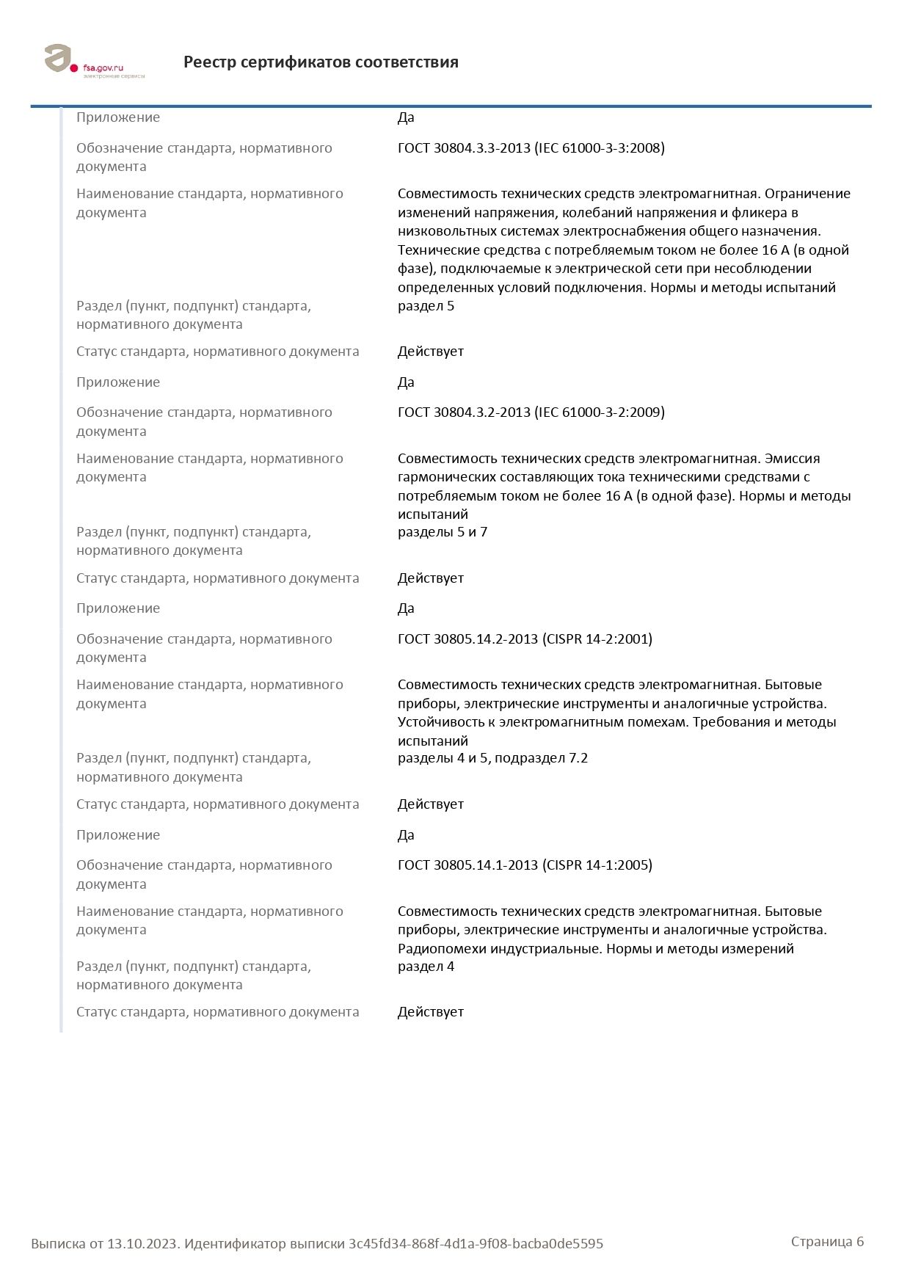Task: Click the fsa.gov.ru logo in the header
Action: click(x=94, y=62)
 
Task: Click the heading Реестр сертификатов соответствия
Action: click(x=321, y=62)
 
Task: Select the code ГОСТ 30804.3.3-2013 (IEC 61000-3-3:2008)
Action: click(x=531, y=148)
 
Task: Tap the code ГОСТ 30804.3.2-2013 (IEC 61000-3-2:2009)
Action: click(x=531, y=412)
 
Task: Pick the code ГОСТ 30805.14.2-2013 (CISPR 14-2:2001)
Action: click(x=525, y=639)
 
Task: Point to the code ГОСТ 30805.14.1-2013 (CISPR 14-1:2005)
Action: click(x=525, y=865)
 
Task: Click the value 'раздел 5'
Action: click(x=426, y=306)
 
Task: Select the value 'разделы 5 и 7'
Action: click(x=443, y=532)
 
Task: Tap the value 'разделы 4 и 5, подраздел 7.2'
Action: click(x=492, y=758)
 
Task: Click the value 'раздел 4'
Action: click(x=426, y=967)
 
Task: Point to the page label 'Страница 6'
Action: click(x=827, y=1241)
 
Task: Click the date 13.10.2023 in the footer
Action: click(x=142, y=1243)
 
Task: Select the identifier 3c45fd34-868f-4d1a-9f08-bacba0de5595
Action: click(x=476, y=1243)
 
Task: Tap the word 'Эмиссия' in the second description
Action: click(x=792, y=459)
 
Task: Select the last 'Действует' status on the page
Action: click(x=431, y=1012)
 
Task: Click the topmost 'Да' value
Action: click(x=406, y=117)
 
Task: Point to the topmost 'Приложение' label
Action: click(x=118, y=117)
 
